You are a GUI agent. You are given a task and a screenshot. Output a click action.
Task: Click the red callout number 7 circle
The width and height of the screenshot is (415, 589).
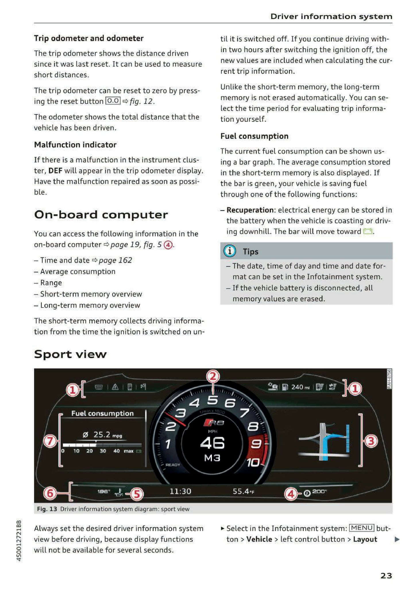click(50, 441)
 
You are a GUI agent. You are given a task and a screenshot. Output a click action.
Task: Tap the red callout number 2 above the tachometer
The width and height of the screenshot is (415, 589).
click(213, 377)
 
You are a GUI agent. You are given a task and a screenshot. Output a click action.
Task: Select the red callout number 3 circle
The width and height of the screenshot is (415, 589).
click(371, 441)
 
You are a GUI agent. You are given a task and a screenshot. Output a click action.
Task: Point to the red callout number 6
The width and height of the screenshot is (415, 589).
click(50, 493)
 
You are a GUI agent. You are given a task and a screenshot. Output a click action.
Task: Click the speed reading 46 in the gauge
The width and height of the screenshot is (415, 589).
click(212, 443)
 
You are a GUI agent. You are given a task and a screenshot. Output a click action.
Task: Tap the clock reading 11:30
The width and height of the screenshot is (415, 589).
click(180, 491)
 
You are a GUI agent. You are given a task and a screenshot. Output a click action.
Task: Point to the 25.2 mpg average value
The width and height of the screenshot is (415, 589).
click(102, 434)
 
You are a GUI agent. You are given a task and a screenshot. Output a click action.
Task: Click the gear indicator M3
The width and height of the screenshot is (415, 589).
click(212, 458)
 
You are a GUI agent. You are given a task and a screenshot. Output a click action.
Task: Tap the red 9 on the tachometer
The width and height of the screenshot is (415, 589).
click(256, 444)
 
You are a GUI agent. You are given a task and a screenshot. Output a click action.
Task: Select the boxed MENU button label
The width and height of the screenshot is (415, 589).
click(362, 528)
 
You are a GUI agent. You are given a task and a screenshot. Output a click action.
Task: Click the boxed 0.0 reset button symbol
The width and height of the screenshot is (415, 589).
click(113, 101)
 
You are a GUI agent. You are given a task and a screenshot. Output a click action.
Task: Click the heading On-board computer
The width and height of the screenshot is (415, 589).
click(101, 215)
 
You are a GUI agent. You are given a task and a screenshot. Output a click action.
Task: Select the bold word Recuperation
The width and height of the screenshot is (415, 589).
click(250, 210)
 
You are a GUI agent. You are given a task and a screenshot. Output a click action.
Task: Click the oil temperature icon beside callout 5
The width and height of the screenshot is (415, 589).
click(119, 492)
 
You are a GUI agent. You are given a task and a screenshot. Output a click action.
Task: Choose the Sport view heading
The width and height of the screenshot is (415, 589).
click(70, 354)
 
